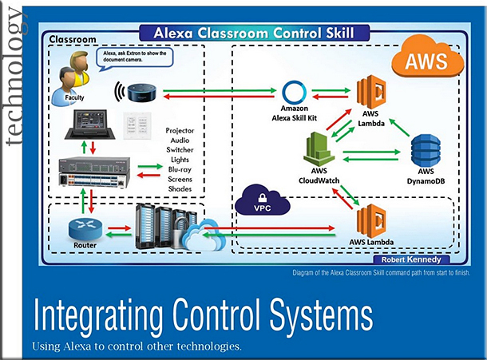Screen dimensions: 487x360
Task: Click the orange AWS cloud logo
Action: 427,57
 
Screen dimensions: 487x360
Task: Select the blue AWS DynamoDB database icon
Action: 426,151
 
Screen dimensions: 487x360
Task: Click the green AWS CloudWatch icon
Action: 319,149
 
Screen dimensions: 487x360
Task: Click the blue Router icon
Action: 85,229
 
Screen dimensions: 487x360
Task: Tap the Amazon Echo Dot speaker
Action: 141,93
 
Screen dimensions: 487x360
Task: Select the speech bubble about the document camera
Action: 134,57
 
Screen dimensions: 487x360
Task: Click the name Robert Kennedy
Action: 411,259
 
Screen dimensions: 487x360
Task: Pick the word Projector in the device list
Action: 180,130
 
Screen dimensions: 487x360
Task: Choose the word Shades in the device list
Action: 180,189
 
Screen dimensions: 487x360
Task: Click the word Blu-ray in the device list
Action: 180,169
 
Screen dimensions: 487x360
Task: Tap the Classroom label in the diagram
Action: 73,39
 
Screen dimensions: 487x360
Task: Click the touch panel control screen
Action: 89,125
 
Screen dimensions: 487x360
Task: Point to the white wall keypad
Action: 137,125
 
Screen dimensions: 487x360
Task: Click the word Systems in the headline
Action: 321,318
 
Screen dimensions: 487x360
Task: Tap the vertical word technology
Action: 14,77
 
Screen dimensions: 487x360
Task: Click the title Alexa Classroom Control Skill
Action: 254,33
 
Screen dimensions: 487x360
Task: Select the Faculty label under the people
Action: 74,97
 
